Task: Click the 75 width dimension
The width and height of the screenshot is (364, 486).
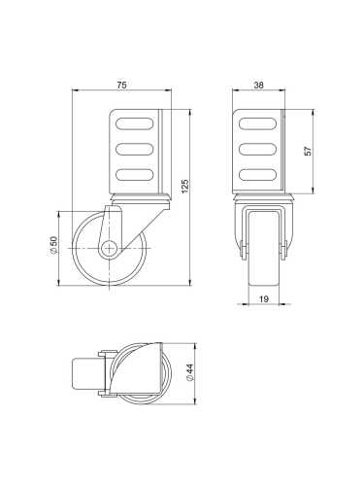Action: (121, 86)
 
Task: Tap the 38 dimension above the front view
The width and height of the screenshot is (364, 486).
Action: (258, 86)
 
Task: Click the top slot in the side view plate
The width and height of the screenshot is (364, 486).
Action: (136, 124)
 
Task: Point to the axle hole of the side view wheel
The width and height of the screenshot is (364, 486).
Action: (110, 247)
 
